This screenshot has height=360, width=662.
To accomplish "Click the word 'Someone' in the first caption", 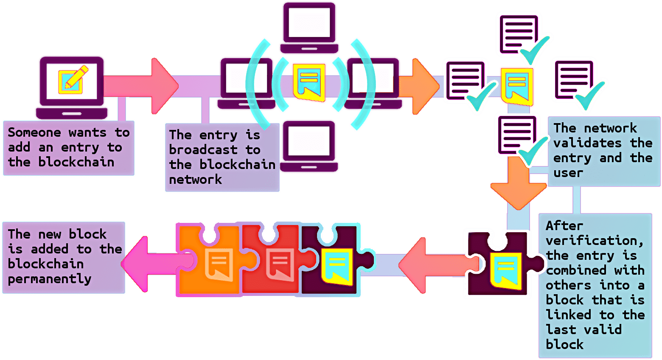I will (x=34, y=132).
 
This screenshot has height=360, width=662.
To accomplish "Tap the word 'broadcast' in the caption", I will (x=203, y=150).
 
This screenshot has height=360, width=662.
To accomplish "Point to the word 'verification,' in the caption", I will (x=594, y=241).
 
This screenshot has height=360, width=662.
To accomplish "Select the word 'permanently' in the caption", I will (x=50, y=279).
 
